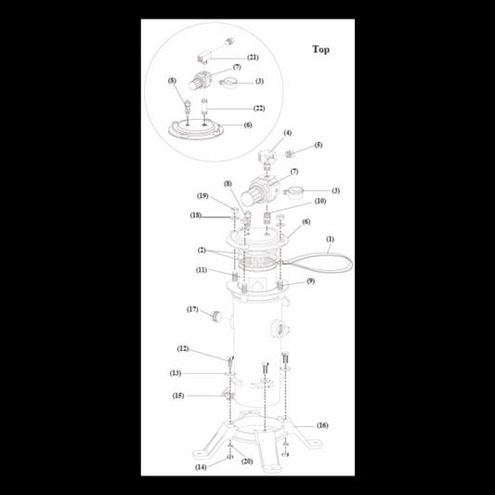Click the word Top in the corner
320,49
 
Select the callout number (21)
253,58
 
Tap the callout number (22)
259,109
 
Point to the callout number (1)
330,240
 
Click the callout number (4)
287,133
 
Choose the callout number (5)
319,145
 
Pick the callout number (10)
320,202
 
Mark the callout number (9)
310,280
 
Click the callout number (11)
202,270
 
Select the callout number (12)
183,349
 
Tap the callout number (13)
176,373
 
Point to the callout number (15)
178,396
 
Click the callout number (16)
322,425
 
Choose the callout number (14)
201,467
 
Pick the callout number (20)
247,462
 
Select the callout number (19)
202,196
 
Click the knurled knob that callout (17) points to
216,316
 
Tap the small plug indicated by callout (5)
290,154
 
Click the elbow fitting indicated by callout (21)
202,59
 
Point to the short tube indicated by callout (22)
204,108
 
